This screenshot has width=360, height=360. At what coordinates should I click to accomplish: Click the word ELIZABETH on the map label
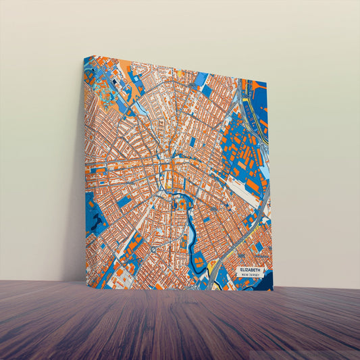click(x=251, y=269)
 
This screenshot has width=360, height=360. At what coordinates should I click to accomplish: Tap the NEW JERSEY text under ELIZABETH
click(x=251, y=275)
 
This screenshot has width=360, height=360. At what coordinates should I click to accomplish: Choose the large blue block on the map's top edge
click(x=201, y=80)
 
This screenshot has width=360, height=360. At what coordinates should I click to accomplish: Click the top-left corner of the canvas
click(x=84, y=57)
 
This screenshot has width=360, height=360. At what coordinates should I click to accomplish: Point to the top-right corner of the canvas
click(x=267, y=82)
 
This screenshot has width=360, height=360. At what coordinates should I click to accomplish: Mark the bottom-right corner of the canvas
click(x=274, y=291)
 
